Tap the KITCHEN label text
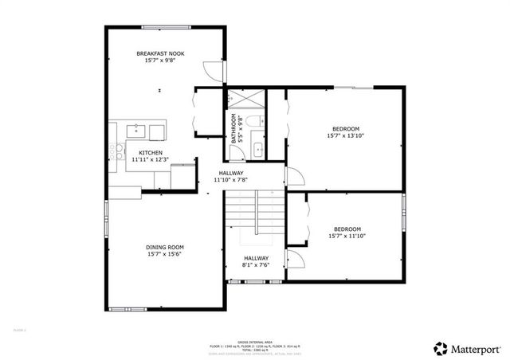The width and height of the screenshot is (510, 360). coord(151,152)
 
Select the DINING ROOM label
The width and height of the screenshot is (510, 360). coord(164,247)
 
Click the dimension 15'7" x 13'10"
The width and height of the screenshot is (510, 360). coord(346,136)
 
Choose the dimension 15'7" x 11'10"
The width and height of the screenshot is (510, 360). coord(347,236)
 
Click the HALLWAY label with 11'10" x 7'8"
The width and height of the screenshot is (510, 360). coord(229,173)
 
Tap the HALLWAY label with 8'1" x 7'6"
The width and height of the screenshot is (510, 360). coord(256,258)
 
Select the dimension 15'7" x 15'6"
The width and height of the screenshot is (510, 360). coord(164,254)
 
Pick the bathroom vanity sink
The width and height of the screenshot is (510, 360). coord(258,149)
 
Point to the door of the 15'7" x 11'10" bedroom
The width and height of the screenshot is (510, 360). coord(293,259)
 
